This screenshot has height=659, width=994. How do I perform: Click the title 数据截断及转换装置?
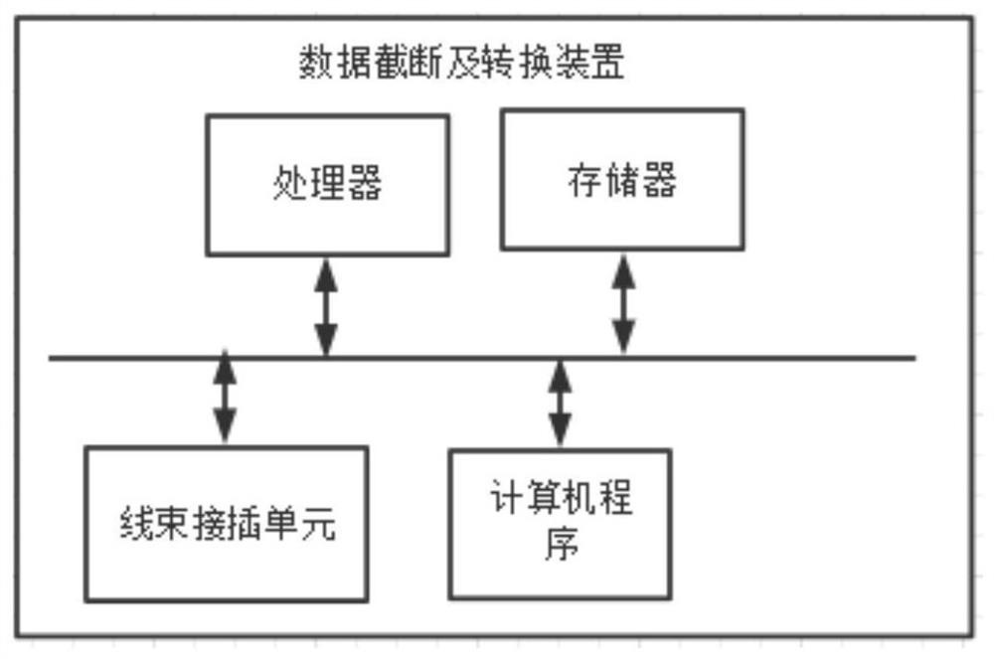[x=461, y=62]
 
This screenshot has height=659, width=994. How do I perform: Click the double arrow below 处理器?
[x=326, y=307]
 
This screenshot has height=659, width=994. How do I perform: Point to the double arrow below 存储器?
[x=623, y=304]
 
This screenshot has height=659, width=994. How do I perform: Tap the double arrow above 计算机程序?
[x=559, y=404]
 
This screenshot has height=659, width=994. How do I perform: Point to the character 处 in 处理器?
[x=290, y=184]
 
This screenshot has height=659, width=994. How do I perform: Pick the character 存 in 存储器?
[x=585, y=180]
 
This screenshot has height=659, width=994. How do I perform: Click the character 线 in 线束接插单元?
[x=137, y=524]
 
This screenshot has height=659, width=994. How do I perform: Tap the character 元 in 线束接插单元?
[x=318, y=524]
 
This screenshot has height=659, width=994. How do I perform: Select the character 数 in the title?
[x=316, y=62]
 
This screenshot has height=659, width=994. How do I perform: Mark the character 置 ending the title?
[x=607, y=62]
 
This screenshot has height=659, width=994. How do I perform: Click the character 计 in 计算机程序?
[x=507, y=497]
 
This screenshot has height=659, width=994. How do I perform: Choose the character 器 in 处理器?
[x=364, y=184]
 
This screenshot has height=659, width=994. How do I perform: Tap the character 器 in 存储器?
[x=659, y=180]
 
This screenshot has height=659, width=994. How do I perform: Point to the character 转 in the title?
[x=498, y=62]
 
